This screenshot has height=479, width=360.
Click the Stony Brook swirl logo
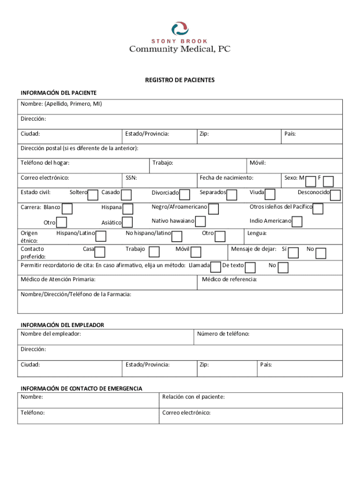180,29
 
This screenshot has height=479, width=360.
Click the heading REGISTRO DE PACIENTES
180,80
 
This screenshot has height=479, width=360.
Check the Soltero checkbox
93,195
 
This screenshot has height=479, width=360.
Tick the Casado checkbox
126,195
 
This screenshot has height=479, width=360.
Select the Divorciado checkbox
185,195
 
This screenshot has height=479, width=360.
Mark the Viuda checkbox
270,195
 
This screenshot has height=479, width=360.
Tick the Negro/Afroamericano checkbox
214,209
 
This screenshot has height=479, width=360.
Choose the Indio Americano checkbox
297,222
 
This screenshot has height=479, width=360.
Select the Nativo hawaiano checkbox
200,222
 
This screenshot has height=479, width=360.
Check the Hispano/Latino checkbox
101,236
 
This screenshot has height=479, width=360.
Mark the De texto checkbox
250,268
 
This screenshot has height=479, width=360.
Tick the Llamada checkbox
216,267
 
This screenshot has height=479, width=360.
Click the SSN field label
131,178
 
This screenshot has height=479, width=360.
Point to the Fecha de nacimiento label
226,178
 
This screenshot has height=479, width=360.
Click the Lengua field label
257,233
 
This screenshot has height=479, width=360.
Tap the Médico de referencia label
229,280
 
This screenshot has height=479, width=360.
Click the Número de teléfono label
223,334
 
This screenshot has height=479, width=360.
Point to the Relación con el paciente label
193,397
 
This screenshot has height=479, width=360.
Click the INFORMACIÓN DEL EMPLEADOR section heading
62,325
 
